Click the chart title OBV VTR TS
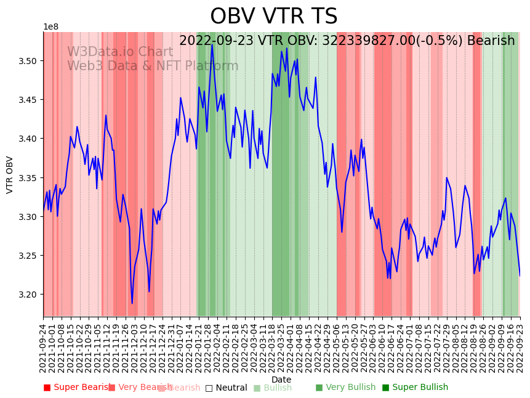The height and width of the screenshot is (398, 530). point(273,17)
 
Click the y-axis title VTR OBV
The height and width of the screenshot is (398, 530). point(10,174)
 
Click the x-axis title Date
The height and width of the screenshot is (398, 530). point(281,380)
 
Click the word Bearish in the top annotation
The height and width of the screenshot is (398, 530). point(491,41)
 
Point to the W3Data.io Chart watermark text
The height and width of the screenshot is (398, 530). point(120,52)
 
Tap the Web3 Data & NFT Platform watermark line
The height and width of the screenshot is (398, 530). point(153,67)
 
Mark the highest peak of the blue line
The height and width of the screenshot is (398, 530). point(212,44)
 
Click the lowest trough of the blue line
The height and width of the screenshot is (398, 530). point(132,303)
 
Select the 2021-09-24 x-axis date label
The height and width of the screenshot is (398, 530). point(43,348)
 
